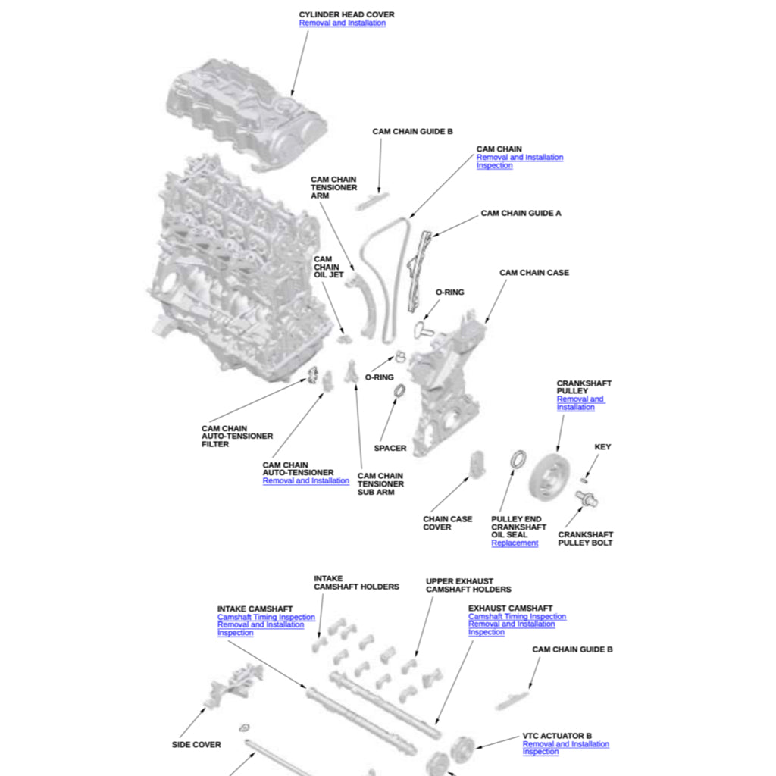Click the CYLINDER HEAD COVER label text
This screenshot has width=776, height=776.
click(346, 14)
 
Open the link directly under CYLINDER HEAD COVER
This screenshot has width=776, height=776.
click(342, 23)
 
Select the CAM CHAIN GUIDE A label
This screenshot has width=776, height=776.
click(521, 214)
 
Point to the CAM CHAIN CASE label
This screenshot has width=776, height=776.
click(533, 273)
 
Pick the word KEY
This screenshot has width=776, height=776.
click(602, 447)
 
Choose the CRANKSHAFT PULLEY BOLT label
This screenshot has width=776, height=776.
click(585, 539)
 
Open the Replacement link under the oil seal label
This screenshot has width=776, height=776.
click(515, 543)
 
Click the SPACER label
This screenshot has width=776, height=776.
click(390, 449)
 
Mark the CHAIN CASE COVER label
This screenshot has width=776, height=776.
click(447, 524)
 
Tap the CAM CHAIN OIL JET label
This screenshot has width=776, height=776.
click(329, 267)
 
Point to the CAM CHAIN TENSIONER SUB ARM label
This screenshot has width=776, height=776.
click(380, 484)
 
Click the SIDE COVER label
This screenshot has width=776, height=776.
click(196, 745)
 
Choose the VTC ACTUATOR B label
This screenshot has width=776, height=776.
click(557, 736)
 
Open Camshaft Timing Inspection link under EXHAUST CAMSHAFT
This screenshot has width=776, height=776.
click(517, 617)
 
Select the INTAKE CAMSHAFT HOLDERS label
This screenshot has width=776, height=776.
click(356, 583)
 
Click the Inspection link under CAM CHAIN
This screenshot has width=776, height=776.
click(494, 166)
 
